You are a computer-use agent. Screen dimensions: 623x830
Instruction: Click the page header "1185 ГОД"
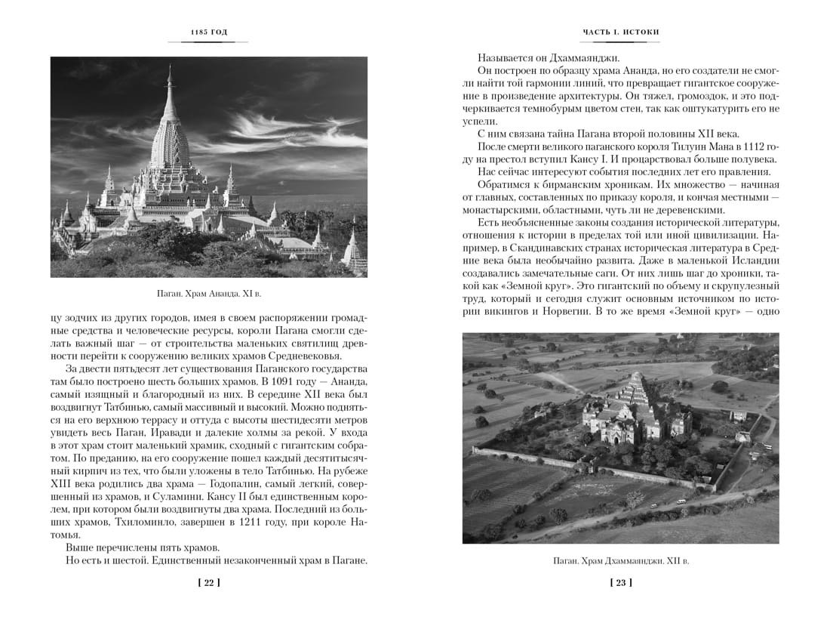pyautogui.click(x=209, y=32)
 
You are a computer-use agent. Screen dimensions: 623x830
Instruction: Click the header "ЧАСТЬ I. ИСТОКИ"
pyautogui.click(x=621, y=32)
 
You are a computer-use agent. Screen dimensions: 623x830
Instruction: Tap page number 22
pyautogui.click(x=208, y=581)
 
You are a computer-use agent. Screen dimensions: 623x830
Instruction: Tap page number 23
pyautogui.click(x=620, y=581)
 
